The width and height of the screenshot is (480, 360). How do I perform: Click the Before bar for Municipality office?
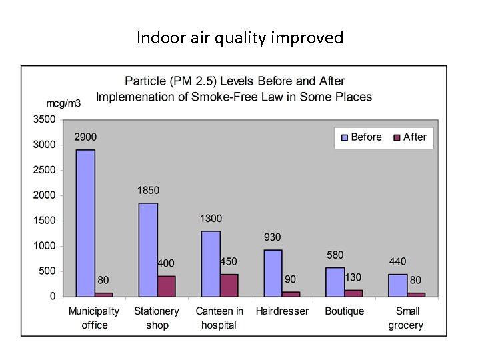pyautogui.click(x=85, y=223)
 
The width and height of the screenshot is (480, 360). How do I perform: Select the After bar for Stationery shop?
pyautogui.click(x=167, y=286)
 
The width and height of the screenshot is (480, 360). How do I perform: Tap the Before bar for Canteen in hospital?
pyautogui.click(x=211, y=263)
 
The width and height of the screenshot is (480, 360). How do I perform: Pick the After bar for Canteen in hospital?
pyautogui.click(x=229, y=285)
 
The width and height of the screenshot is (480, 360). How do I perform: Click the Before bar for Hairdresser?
pyautogui.click(x=273, y=273)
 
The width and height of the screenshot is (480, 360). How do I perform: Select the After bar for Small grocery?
pyautogui.click(x=416, y=294)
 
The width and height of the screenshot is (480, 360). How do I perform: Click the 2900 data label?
pyautogui.click(x=85, y=137)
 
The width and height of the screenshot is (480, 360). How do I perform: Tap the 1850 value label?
pyautogui.click(x=148, y=190)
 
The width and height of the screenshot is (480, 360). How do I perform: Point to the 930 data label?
pyautogui.click(x=272, y=237)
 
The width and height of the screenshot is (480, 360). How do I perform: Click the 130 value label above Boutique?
pyautogui.click(x=353, y=277)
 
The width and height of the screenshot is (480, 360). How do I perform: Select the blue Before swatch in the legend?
pyautogui.click(x=345, y=137)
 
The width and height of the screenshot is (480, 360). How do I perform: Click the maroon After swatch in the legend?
pyautogui.click(x=397, y=137)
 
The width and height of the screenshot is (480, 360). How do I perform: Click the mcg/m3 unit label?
pyautogui.click(x=63, y=103)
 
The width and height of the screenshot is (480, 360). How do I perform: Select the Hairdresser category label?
pyautogui.click(x=282, y=311)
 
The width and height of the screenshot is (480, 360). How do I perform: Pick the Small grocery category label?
pyautogui.click(x=407, y=318)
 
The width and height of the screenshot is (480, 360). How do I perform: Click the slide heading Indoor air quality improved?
pyautogui.click(x=240, y=38)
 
